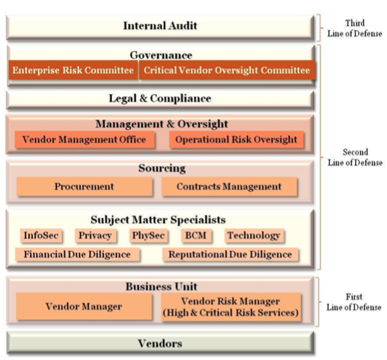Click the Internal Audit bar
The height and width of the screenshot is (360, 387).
pyautogui.click(x=161, y=26)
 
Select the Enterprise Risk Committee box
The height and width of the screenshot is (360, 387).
pyautogui.click(x=73, y=70)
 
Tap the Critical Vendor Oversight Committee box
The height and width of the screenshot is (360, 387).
pyautogui.click(x=227, y=70)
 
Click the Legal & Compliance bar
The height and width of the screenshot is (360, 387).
pyautogui.click(x=161, y=99)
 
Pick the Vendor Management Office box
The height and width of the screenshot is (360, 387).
pyautogui.click(x=85, y=139)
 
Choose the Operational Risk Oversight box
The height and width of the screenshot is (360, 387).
pyautogui.click(x=236, y=139)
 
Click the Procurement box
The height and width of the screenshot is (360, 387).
pyautogui.click(x=84, y=186)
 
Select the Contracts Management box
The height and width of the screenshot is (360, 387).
pyautogui.click(x=229, y=186)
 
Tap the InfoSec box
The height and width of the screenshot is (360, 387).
pyautogui.click(x=41, y=235)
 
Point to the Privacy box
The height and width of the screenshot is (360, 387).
pyautogui.click(x=95, y=235)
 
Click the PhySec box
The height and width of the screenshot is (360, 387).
pyautogui.click(x=148, y=235)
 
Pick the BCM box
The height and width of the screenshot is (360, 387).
pyautogui.click(x=196, y=235)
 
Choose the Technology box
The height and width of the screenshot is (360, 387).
pyautogui.click(x=254, y=235)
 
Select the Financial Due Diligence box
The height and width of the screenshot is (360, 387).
pyautogui.click(x=77, y=255)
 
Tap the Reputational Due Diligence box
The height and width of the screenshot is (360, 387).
pyautogui.click(x=230, y=255)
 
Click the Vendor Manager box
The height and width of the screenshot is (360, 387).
pyautogui.click(x=84, y=307)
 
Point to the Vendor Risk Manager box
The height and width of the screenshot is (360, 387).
pyautogui.click(x=231, y=307)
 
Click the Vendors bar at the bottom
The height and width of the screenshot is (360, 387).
pyautogui.click(x=161, y=343)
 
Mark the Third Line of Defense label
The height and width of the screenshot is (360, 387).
pyautogui.click(x=355, y=28)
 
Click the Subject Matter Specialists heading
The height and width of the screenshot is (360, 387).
pyautogui.click(x=158, y=220)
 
